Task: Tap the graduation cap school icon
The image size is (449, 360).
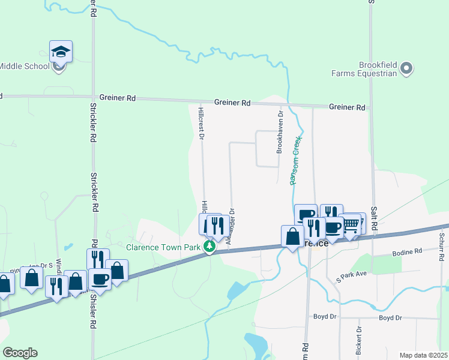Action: tap(61, 52)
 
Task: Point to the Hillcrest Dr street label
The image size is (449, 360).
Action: tap(202, 122)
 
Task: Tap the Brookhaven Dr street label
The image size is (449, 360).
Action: tap(280, 132)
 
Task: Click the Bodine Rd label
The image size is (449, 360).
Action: tap(410, 251)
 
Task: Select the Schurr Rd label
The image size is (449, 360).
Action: tap(441, 246)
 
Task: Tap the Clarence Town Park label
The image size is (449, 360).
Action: tap(163, 247)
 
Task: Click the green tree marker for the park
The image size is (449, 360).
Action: tap(209, 247)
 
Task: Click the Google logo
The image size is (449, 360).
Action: tap(20, 353)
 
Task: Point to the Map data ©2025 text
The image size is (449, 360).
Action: tap(423, 355)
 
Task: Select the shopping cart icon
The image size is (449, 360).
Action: tap(351, 225)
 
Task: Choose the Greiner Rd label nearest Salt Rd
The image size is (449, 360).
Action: tap(347, 107)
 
